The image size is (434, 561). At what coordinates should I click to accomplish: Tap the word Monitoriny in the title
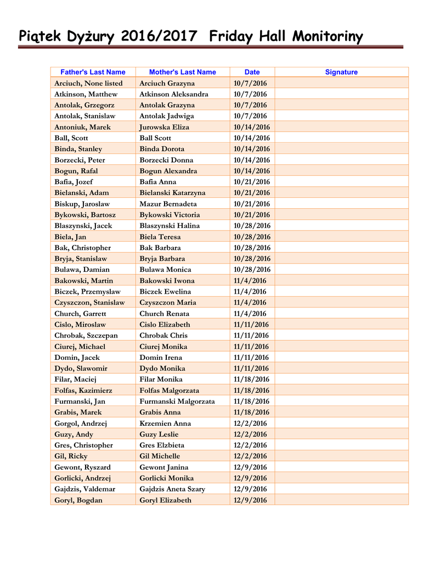tap(328, 37)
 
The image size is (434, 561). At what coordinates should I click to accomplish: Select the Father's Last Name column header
tap(93, 72)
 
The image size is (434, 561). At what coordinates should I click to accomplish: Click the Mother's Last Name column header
tap(183, 72)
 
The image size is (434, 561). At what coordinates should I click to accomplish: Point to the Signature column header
tap(341, 72)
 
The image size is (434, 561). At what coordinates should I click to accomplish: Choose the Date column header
tap(252, 72)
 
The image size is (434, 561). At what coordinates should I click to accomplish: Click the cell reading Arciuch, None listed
tap(88, 83)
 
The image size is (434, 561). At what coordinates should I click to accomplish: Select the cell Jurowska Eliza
tap(165, 127)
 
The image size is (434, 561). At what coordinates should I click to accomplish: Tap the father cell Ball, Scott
tap(71, 138)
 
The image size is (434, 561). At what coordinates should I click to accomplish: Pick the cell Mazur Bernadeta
tap(168, 204)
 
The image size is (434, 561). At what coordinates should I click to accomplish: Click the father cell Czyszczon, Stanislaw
tap(89, 302)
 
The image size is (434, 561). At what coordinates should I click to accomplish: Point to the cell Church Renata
tap(165, 313)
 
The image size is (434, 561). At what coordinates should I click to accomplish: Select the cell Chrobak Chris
tap(164, 335)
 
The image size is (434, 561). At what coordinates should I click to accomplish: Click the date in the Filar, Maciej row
tap(252, 379)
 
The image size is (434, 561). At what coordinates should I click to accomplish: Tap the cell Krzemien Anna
tap(165, 423)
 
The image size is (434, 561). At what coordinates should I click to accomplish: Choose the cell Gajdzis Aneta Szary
tap(172, 489)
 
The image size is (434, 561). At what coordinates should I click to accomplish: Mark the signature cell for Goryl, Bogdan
tap(341, 500)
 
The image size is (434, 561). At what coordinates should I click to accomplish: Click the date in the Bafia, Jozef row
tap(252, 182)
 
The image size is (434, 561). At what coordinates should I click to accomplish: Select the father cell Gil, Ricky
tap(71, 456)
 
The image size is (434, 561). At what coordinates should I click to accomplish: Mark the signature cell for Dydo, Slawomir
tap(341, 368)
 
